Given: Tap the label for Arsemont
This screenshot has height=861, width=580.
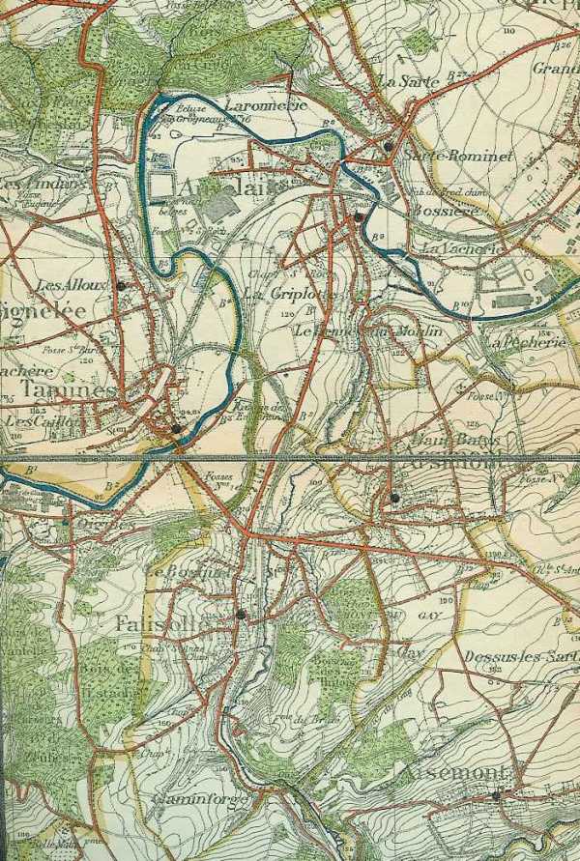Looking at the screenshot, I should (449, 773).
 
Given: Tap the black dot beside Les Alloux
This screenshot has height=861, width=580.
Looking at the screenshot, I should (121, 286).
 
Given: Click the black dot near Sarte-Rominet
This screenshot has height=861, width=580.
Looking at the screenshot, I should (388, 146).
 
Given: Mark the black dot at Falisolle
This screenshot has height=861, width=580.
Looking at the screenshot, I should (241, 613).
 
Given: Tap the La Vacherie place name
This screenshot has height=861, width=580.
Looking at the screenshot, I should (458, 248).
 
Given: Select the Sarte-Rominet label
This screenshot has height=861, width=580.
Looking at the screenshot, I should (446, 156).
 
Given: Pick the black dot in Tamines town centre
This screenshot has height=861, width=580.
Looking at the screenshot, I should (176, 427).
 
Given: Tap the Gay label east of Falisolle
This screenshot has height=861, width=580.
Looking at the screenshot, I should (410, 651).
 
